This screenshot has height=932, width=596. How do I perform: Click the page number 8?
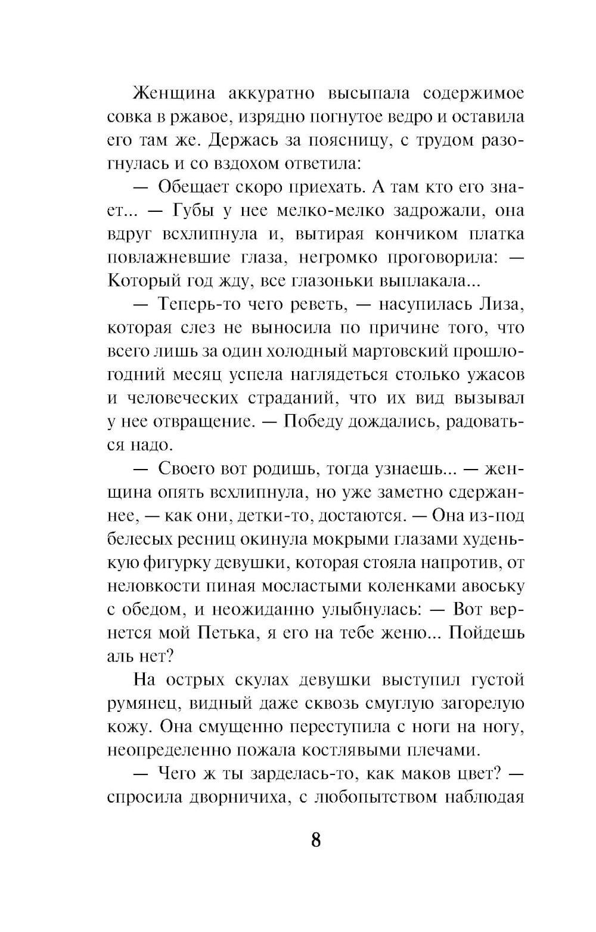point(315,840)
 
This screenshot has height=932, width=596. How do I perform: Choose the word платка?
point(496,234)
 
